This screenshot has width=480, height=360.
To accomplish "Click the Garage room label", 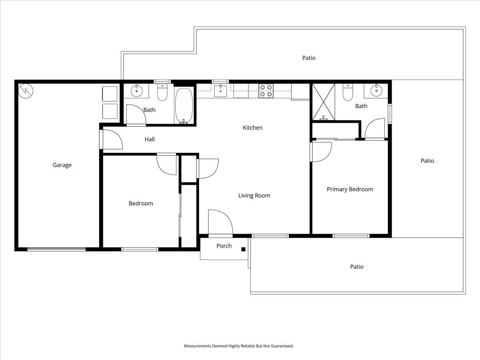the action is pyautogui.click(x=62, y=165).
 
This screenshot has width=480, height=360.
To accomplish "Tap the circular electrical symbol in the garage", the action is pyautogui.click(x=26, y=91).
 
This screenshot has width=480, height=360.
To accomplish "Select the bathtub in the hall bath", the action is pyautogui.click(x=184, y=106).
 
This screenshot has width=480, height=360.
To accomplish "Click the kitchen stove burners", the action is pyautogui.click(x=266, y=91).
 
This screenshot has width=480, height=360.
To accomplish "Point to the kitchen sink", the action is pyautogui.click(x=220, y=91).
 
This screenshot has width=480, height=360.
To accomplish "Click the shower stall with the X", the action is pyautogui.click(x=324, y=102).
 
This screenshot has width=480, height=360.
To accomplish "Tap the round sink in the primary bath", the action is pyautogui.click(x=376, y=90).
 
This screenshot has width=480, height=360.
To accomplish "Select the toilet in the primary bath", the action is pyautogui.click(x=348, y=92).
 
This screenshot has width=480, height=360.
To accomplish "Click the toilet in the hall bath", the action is pyautogui.click(x=162, y=92).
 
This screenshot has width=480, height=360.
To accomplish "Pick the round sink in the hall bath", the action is pyautogui.click(x=137, y=91).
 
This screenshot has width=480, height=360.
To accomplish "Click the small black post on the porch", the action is pyautogui.click(x=243, y=249).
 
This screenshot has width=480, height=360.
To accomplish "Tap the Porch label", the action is pyautogui.click(x=224, y=246).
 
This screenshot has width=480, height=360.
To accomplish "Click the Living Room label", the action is pyautogui.click(x=254, y=196).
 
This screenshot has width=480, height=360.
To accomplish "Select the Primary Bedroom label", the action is pyautogui.click(x=350, y=189).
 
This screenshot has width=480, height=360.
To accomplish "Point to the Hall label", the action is pyautogui.click(x=150, y=139).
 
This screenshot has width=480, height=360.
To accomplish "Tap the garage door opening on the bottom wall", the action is pyautogui.click(x=56, y=249).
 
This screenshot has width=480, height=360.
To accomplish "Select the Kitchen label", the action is pyautogui.click(x=252, y=128).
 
